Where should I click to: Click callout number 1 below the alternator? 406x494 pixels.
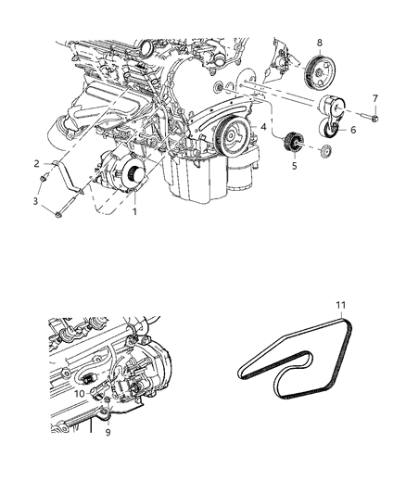pyautogui.click(x=135, y=212)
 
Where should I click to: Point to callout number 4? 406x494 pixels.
pyautogui.click(x=263, y=126)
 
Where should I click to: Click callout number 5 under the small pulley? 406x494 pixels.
pyautogui.click(x=293, y=169)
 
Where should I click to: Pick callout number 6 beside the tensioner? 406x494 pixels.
pyautogui.click(x=351, y=131)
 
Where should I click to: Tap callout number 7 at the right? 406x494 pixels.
pyautogui.click(x=374, y=97)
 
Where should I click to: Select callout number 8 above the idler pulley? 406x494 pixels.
pyautogui.click(x=319, y=42)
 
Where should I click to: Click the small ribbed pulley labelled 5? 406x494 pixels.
pyautogui.click(x=293, y=142)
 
